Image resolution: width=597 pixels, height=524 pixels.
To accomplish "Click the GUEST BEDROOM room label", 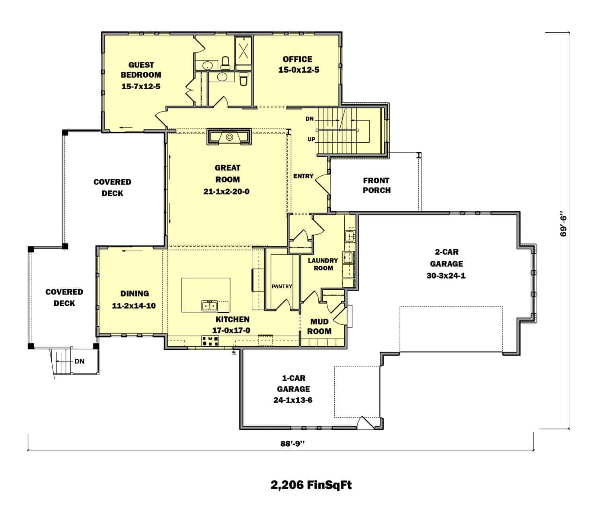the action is [x=141, y=70].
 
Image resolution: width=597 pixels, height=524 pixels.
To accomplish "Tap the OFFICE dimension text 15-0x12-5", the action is [x=298, y=70].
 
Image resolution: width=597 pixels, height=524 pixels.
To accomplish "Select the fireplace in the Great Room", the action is [x=229, y=136].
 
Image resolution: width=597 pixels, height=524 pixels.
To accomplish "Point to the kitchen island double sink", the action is [x=209, y=306].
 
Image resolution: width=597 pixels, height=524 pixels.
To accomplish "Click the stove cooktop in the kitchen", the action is [x=210, y=341].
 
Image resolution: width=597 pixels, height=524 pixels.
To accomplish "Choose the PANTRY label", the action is [x=282, y=286].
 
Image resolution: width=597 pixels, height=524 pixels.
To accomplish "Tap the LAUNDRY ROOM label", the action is [x=323, y=264].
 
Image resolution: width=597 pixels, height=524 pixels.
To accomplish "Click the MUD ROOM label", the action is [x=319, y=326].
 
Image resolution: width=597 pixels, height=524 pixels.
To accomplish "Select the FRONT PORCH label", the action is [x=376, y=185].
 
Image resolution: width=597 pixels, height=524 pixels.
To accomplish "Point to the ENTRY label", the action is [x=303, y=176].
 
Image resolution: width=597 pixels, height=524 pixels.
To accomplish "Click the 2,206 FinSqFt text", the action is [x=311, y=485].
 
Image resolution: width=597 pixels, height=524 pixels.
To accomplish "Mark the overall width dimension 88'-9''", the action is [x=292, y=444].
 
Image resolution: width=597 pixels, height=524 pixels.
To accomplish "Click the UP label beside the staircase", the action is [x=311, y=139].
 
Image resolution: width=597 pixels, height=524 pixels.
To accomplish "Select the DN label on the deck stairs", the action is [x=79, y=361].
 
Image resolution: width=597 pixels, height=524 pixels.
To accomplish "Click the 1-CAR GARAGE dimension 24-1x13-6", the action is [x=293, y=400].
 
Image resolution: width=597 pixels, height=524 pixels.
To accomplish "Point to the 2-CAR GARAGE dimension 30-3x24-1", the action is [x=446, y=276].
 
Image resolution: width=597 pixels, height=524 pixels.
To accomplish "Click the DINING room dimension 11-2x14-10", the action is [x=134, y=306].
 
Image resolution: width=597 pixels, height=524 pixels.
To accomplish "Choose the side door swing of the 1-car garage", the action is [x=366, y=422].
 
